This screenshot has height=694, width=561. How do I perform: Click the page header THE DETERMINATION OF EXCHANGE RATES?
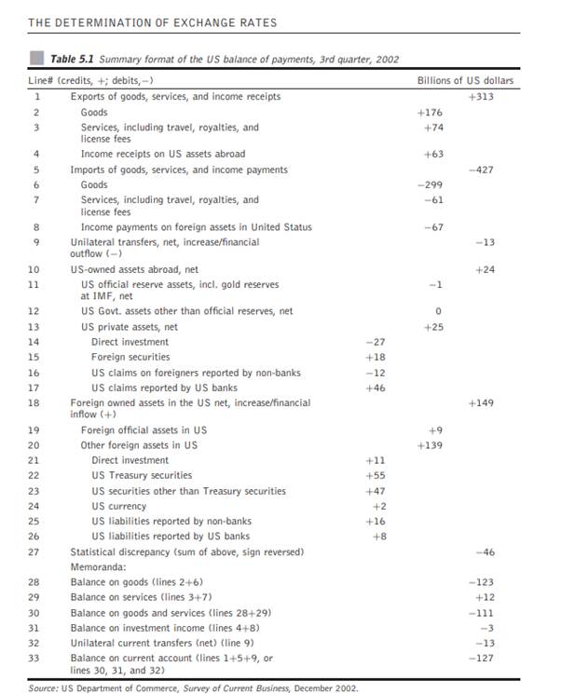click(153, 21)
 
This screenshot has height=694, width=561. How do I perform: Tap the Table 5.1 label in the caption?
click(75, 59)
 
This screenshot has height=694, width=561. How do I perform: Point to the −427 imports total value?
click(481, 170)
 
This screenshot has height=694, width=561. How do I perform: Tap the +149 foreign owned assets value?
click(481, 403)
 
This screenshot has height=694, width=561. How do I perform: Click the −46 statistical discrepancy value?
click(484, 551)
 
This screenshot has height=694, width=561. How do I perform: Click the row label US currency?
click(120, 506)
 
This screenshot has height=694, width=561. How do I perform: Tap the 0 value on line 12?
click(436, 310)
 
